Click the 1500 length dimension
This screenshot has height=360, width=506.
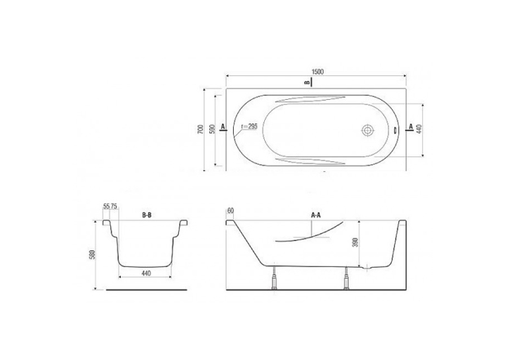coord(318,71)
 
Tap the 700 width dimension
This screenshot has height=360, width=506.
coord(200,129)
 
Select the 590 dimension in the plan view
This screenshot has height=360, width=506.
coord(212,129)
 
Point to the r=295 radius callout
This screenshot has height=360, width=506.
coord(250,127)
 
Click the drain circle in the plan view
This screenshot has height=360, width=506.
coord(367,131)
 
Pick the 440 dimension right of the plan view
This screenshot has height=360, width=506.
coord(419,129)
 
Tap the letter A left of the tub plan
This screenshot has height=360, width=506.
coord(223,126)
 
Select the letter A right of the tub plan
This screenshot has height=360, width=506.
coord(411,126)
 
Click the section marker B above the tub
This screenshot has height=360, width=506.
coord(307,83)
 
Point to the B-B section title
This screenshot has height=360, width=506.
coord(147,215)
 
